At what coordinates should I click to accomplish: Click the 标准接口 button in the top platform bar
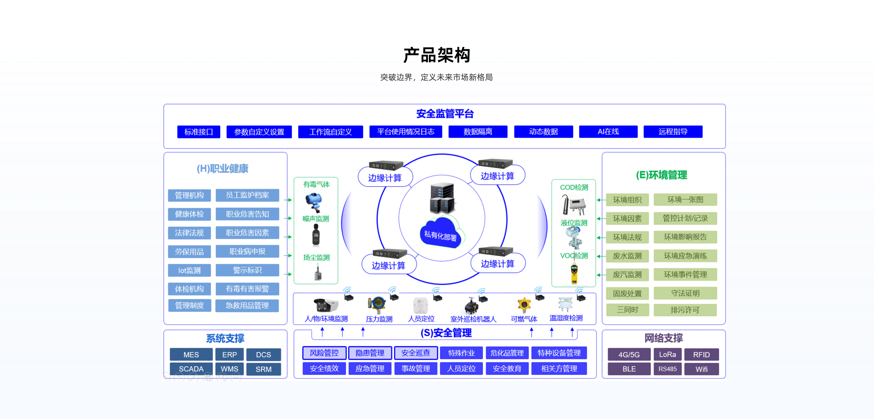pyautogui.click(x=198, y=132)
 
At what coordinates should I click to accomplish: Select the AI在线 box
pyautogui.click(x=608, y=132)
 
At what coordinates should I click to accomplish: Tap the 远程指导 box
pyautogui.click(x=673, y=132)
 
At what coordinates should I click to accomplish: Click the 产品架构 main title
pyautogui.click(x=437, y=55)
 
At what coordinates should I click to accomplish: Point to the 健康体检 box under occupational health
pyautogui.click(x=189, y=214)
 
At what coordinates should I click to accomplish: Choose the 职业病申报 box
pyautogui.click(x=247, y=251)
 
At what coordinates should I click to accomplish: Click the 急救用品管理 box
pyautogui.click(x=247, y=306)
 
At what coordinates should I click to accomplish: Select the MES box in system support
pyautogui.click(x=191, y=355)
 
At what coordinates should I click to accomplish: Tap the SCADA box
pyautogui.click(x=191, y=369)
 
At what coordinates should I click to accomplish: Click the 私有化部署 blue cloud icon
pyautogui.click(x=440, y=233)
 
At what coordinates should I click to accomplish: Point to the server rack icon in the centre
pyautogui.click(x=442, y=199)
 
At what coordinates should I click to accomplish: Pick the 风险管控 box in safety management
pyautogui.click(x=324, y=353)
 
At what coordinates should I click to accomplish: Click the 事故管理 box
pyautogui.click(x=416, y=368)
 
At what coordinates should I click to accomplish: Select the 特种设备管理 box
pyautogui.click(x=559, y=353)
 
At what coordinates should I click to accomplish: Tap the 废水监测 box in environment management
pyautogui.click(x=627, y=256)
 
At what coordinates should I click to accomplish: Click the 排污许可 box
pyautogui.click(x=685, y=310)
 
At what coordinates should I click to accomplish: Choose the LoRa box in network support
pyautogui.click(x=667, y=355)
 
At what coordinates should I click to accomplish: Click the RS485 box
pyautogui.click(x=667, y=369)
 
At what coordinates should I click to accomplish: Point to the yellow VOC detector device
pyautogui.click(x=574, y=274)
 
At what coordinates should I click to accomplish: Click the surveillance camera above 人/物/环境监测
pyautogui.click(x=325, y=304)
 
